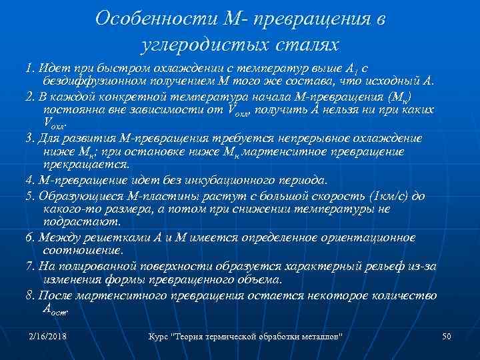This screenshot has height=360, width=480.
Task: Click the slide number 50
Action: click(447, 335)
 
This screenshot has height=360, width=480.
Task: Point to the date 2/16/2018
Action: click(49, 335)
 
